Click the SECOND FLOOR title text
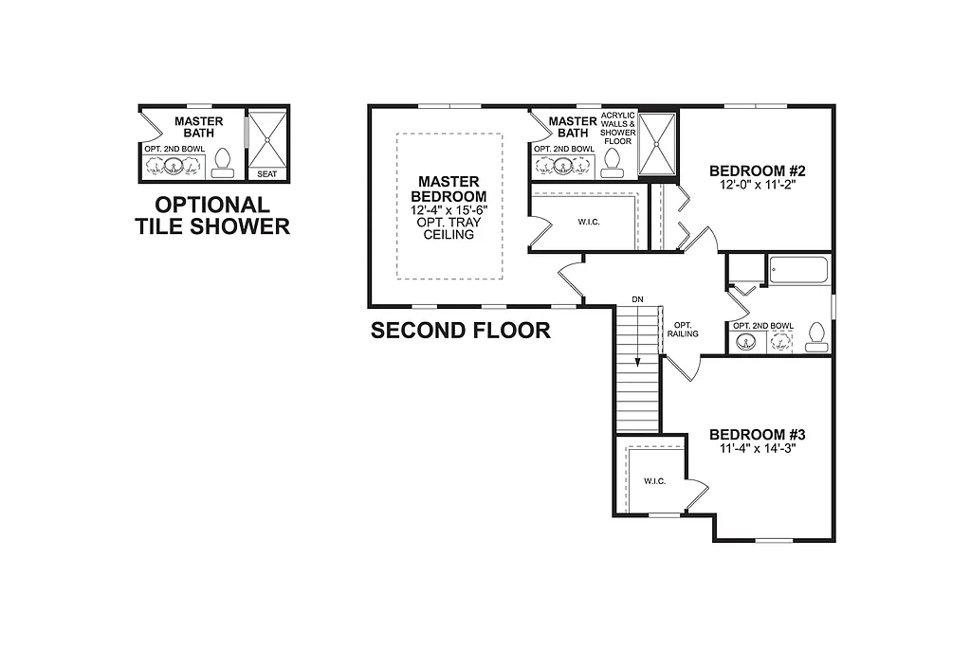(x=460, y=331)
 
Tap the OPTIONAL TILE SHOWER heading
(x=211, y=215)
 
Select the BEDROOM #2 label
(x=758, y=171)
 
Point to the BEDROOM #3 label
(x=758, y=435)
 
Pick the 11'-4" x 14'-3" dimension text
(x=757, y=449)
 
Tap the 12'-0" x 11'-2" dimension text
(x=758, y=186)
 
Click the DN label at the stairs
(x=638, y=300)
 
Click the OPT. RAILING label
(x=683, y=329)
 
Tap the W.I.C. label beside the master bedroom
(x=589, y=223)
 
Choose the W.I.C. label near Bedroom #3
(x=654, y=481)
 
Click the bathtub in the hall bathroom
(x=798, y=272)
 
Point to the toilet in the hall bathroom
(x=815, y=336)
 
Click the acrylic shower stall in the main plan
(x=657, y=144)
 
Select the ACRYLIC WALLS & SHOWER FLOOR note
(x=618, y=128)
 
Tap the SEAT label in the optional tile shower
(x=266, y=174)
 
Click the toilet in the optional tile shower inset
(x=224, y=162)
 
